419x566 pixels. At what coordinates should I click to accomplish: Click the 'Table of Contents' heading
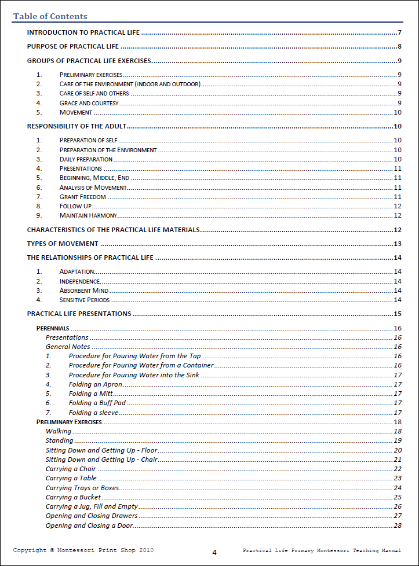[x=50, y=16]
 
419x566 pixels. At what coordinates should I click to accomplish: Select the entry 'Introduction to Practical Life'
[x=83, y=32]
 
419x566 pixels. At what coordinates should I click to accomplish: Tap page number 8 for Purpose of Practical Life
[x=400, y=47]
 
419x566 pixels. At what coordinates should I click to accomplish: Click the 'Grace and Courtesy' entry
[x=89, y=103]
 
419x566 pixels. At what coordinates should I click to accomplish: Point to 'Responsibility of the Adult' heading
[x=77, y=126]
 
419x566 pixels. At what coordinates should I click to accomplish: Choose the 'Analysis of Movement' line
[x=93, y=188]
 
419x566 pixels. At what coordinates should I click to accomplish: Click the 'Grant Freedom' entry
[x=82, y=197]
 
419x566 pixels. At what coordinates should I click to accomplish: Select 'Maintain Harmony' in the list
[x=88, y=215]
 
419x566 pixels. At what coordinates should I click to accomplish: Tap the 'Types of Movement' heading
[x=63, y=244]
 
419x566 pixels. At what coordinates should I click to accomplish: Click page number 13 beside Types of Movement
[x=398, y=244]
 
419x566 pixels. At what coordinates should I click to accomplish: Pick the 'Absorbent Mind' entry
[x=83, y=291]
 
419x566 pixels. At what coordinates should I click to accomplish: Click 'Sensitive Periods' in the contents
[x=85, y=300]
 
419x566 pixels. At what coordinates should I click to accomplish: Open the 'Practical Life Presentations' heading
[x=79, y=314]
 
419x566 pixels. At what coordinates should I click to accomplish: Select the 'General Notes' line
[x=68, y=347]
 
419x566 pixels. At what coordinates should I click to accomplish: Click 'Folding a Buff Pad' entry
[x=97, y=403]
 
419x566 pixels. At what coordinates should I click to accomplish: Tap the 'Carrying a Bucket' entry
[x=73, y=497]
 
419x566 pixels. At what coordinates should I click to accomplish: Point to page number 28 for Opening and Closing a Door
[x=398, y=525]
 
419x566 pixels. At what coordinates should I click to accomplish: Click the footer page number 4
[x=214, y=552]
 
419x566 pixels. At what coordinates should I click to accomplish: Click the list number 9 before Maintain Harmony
[x=39, y=215]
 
